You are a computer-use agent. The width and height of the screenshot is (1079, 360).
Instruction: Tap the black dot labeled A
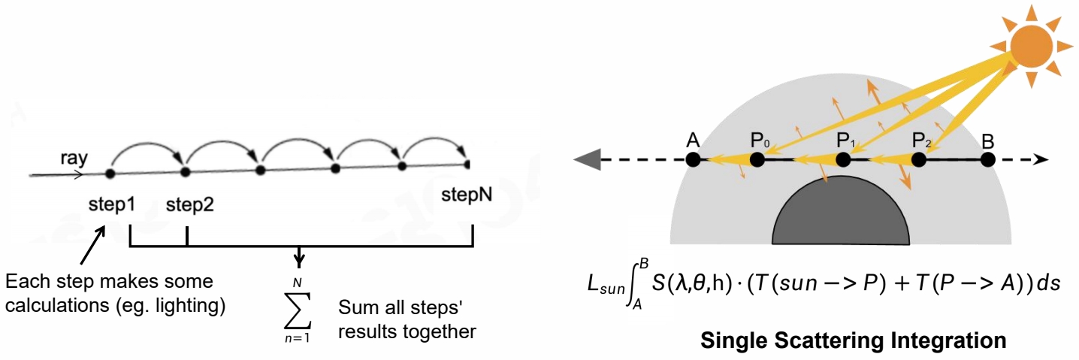[x=693, y=159]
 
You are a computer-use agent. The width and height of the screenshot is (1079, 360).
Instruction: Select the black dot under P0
[x=757, y=159]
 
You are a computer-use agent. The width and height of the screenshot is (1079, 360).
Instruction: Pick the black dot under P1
[x=843, y=159]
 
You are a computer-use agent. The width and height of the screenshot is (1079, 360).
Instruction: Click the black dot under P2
[x=918, y=159]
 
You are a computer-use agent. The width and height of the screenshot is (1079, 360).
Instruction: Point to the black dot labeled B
[x=988, y=159]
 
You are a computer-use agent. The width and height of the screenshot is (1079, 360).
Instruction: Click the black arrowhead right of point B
[x=1042, y=159]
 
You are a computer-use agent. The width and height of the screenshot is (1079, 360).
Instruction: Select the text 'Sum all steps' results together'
[x=407, y=319]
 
